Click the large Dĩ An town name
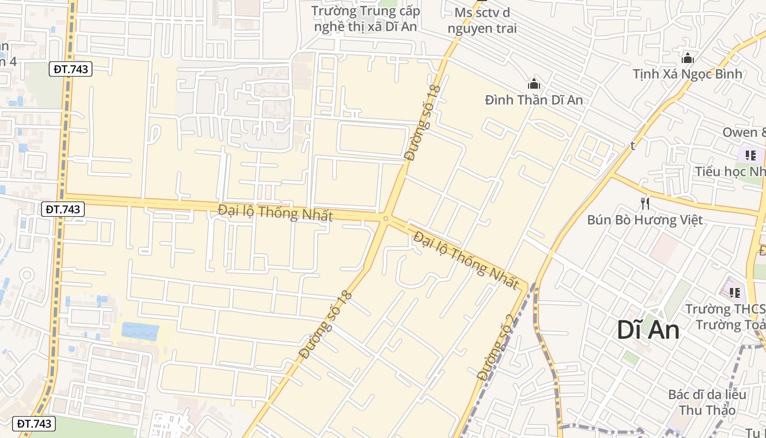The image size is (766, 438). (x=648, y=330)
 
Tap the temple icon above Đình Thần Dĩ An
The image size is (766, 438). (x=533, y=84)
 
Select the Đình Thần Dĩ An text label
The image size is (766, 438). (x=533, y=100)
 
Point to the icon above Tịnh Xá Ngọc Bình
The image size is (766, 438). (x=688, y=57)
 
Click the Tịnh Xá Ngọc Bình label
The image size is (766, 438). (x=688, y=74)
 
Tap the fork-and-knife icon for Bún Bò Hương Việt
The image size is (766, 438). (x=645, y=204)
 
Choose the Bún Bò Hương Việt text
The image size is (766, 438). (x=645, y=220)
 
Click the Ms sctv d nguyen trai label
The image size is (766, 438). (x=481, y=20)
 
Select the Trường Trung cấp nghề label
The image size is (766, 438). (x=365, y=19)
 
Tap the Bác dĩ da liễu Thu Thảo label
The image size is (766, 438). (x=707, y=402)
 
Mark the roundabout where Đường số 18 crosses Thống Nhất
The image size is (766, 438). (x=386, y=218)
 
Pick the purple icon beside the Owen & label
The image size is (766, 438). (x=750, y=155)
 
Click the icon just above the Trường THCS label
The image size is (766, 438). (x=734, y=292)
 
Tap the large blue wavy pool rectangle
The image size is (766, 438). (x=140, y=331)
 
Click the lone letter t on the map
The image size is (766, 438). (x=632, y=146)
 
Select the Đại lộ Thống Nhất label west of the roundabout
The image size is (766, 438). (x=275, y=212)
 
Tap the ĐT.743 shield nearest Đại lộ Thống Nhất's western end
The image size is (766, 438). (x=63, y=209)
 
